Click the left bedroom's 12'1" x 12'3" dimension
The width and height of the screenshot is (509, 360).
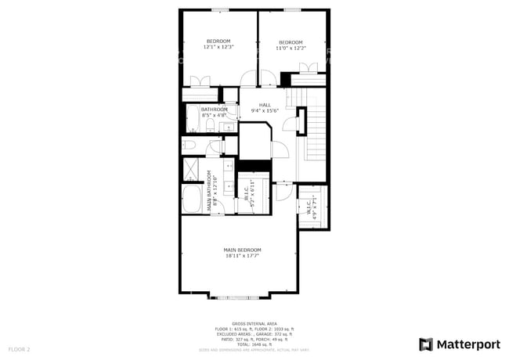218,48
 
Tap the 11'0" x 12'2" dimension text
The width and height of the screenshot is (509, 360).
291,48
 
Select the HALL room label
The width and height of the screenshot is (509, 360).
265,105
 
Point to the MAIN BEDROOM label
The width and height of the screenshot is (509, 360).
242,250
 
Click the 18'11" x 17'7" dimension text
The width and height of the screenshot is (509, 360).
242,255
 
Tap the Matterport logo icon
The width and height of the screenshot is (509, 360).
426,344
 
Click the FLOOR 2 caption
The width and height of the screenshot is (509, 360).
19,348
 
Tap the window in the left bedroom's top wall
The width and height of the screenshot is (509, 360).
219,10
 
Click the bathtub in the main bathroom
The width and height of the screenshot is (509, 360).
191,199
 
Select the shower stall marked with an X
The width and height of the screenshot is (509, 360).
191,169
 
